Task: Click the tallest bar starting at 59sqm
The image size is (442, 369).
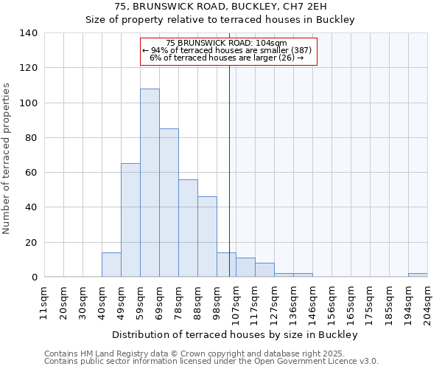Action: tap(150, 183)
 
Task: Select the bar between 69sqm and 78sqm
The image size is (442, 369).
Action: tap(169, 203)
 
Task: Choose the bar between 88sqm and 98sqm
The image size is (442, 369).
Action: tap(207, 237)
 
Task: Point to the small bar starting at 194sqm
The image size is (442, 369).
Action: tap(418, 275)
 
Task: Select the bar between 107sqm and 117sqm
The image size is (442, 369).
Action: tap(245, 268)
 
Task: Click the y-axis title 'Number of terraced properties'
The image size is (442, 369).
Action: tap(7, 159)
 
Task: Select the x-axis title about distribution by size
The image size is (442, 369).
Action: tap(235, 335)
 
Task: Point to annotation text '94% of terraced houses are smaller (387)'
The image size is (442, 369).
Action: tap(228, 50)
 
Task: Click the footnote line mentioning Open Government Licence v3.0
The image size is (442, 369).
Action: tap(211, 362)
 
